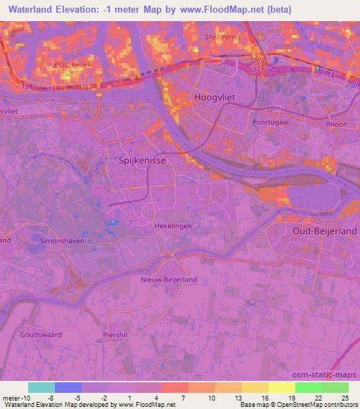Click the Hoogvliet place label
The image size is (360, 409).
coord(214,99)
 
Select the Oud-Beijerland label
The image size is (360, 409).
coord(326,231)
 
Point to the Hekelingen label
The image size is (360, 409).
coord(172,226)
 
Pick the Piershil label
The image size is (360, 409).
coord(115,335)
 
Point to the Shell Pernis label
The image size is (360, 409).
coord(222,37)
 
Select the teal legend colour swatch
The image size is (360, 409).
coord(41,387)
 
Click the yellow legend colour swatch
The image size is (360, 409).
coord(282,387)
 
